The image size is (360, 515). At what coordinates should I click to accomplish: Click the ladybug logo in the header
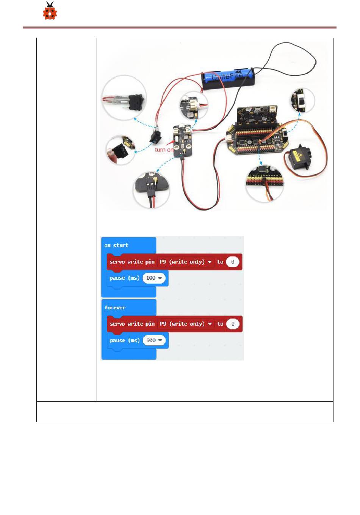click(x=50, y=11)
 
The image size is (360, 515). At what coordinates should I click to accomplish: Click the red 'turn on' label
click(x=164, y=150)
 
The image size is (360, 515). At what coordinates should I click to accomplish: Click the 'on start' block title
click(x=116, y=245)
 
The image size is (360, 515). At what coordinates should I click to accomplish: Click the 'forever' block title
click(x=115, y=307)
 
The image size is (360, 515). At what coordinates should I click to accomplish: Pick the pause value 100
click(x=154, y=278)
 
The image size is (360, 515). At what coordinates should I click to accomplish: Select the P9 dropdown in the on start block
click(x=185, y=262)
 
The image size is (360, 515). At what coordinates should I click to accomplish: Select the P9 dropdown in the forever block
click(x=185, y=324)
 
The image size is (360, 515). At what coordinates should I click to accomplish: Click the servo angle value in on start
click(x=233, y=262)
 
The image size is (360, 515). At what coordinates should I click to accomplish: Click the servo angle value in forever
click(x=233, y=324)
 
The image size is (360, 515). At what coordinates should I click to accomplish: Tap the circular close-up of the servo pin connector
click(x=264, y=183)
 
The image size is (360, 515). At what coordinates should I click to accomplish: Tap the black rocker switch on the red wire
click(x=155, y=136)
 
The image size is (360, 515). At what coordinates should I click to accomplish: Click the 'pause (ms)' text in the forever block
click(x=125, y=340)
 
